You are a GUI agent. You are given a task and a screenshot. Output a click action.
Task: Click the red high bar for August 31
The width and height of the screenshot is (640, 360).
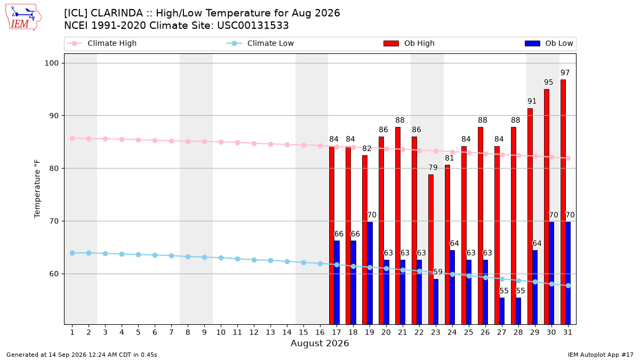coord(563,202)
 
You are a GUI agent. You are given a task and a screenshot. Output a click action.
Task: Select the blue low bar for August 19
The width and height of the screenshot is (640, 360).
coord(370,273)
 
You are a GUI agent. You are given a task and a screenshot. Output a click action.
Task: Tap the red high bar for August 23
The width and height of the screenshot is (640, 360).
coord(430,250)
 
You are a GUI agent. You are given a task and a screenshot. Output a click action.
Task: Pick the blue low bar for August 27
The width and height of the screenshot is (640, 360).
coord(502,311)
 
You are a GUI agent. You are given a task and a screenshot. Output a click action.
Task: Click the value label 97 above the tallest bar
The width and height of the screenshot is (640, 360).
coord(565,73)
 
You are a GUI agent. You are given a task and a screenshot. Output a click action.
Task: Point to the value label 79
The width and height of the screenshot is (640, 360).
coord(433,167)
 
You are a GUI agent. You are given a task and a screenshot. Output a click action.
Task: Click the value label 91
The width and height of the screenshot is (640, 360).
coord(532,101)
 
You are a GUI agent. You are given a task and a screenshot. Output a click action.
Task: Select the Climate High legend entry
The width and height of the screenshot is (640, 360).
coord(101,43)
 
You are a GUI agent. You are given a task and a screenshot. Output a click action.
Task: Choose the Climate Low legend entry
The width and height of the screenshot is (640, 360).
coord(260,43)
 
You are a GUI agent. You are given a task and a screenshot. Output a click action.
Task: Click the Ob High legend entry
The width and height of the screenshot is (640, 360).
coord(409,43)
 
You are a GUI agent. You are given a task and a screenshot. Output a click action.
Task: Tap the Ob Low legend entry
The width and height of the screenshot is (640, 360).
coord(549,43)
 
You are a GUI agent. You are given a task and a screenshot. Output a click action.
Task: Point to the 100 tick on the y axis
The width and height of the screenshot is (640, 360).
coord(51,63)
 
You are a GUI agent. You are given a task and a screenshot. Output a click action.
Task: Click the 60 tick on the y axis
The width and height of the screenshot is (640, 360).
coord(54,274)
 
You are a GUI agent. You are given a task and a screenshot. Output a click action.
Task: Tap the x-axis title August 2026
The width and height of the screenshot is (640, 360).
coord(319,343)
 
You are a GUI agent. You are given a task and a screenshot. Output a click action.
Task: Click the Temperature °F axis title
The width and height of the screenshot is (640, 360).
coord(37,189)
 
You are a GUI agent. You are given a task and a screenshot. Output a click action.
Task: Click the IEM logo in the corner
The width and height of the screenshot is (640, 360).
coord(23,18)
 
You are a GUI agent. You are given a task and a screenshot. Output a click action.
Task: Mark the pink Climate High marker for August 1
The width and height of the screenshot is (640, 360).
coord(73,139)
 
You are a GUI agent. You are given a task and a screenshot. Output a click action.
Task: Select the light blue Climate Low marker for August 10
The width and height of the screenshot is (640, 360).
coord(221,258)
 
